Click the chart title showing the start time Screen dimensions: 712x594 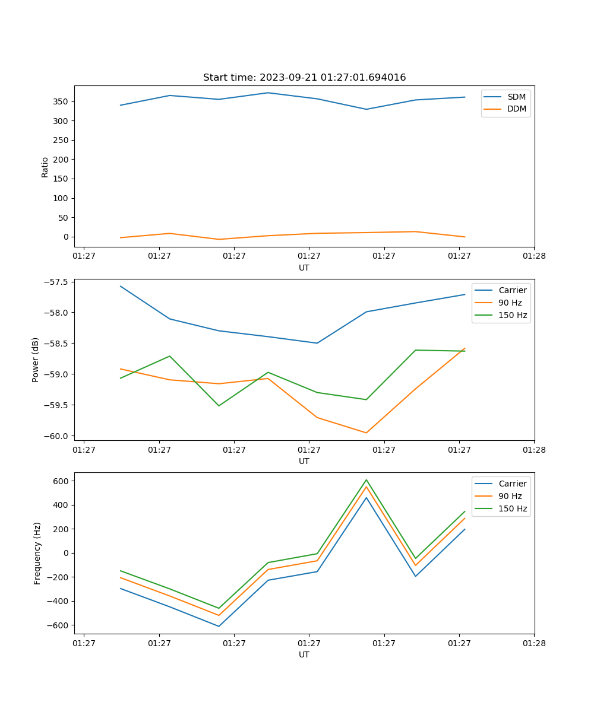(304, 78)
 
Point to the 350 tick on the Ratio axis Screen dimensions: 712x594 (62, 101)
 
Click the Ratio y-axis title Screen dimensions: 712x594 (45, 167)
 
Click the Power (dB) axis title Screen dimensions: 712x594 (36, 360)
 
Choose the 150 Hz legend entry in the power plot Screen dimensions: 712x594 (513, 315)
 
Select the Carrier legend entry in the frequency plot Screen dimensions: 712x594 (512, 484)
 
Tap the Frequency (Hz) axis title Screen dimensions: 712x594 (37, 553)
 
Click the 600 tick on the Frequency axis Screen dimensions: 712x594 (62, 481)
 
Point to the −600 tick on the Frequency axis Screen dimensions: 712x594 (59, 625)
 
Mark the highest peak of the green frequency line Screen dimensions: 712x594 (366, 479)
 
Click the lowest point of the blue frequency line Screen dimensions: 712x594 (219, 626)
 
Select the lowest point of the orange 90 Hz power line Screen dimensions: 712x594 (366, 433)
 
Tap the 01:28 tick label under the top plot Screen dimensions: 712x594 (534, 256)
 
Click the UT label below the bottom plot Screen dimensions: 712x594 (304, 654)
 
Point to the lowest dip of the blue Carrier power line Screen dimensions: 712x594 (317, 343)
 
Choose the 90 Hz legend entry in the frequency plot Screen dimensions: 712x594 (510, 496)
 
